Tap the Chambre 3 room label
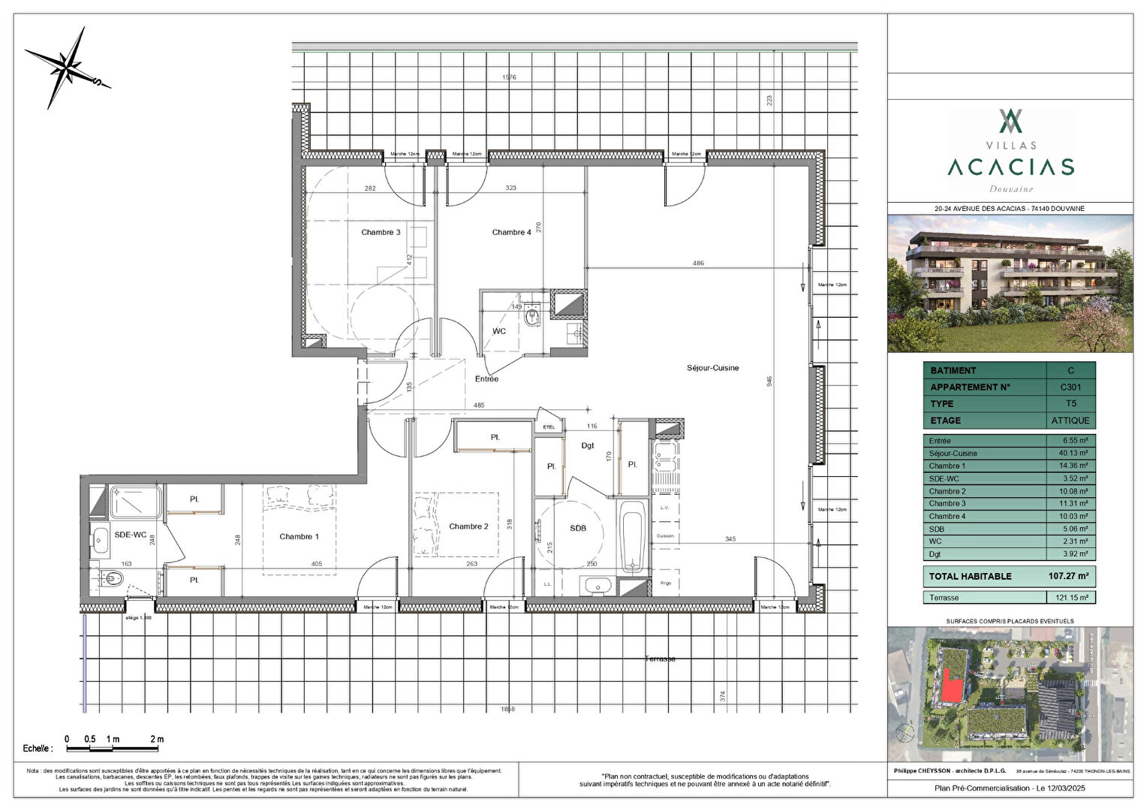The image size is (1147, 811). coord(381,232)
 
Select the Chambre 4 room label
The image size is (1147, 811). coord(511,232)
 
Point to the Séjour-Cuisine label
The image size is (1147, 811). coord(712,368)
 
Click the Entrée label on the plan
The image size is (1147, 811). coord(486,379)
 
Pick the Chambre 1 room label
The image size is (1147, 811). coord(299,536)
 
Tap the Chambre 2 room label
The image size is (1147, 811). coord(468,526)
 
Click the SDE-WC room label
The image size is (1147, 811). coord(130,535)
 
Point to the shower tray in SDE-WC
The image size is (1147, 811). coord(136,502)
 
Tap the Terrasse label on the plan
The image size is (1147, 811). coord(660,659)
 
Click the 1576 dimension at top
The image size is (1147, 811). coord(509,77)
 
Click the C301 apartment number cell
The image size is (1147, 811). coord(1070,387)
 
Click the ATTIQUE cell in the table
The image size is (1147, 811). coord(1070,421)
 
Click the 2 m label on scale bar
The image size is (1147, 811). coord(156,739)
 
